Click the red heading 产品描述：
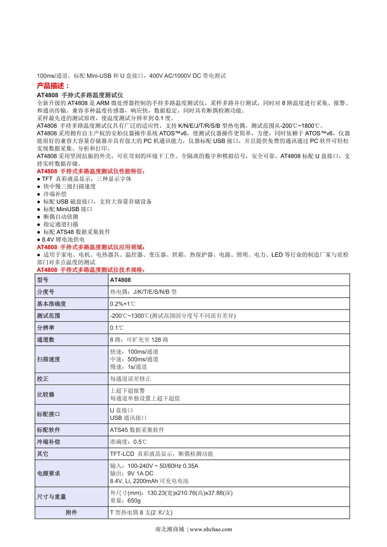53,86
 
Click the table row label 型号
43,280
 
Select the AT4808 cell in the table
120,280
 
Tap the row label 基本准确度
52,304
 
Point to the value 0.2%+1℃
123,304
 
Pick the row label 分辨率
45,328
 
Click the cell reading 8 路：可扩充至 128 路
139,340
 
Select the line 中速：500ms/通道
134,359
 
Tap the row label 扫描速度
48,359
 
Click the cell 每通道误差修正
130,379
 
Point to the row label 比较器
45,395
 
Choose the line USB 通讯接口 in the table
128,418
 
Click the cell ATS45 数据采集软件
137,430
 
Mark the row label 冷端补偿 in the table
48,442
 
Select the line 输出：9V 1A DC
132,473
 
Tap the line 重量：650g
125,501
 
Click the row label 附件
71,513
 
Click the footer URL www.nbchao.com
211,529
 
